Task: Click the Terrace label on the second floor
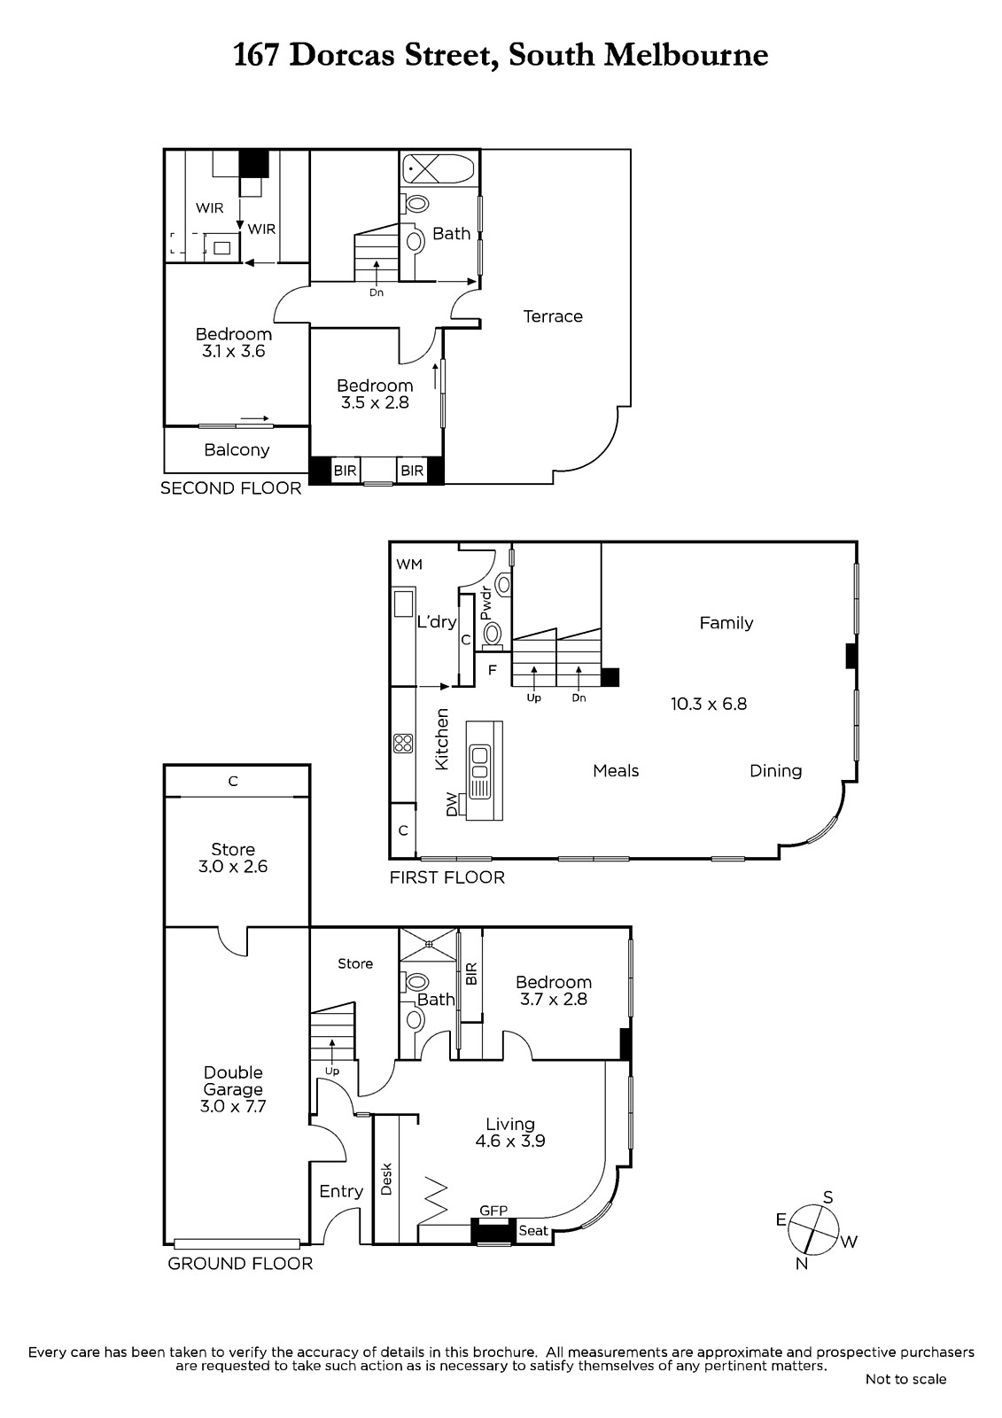[x=553, y=316]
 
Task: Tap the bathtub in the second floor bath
[x=439, y=169]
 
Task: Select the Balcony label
[x=237, y=450]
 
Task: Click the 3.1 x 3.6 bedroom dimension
[x=234, y=351]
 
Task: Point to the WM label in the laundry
[x=409, y=564]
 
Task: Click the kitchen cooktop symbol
[x=403, y=743]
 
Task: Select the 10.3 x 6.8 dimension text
[x=709, y=704]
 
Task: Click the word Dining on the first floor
[x=775, y=771]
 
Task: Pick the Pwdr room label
[x=485, y=604]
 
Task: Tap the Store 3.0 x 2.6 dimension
[x=233, y=866]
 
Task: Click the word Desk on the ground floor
[x=386, y=1179]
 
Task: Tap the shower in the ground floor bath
[x=429, y=944]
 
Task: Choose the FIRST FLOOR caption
[x=447, y=877]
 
